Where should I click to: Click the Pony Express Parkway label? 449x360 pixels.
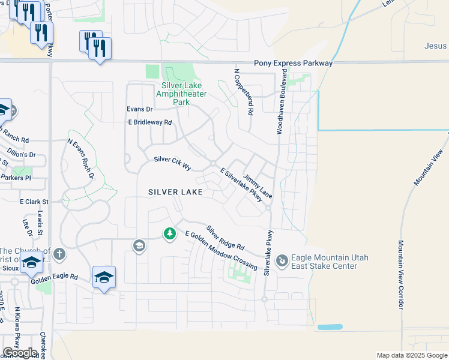coord(293,62)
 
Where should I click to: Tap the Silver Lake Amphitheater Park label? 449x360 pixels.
coord(181,94)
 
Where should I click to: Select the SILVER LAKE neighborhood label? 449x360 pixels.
coord(176,192)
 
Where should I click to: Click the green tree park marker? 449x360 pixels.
coord(170,233)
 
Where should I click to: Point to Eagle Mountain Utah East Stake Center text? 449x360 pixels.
coord(330,262)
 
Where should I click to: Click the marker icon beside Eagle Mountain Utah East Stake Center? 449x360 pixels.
coord(282,261)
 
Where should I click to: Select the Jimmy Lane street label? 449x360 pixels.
coord(258,187)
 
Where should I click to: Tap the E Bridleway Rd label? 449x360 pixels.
coord(150,122)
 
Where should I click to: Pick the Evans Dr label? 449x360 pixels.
coord(139,109)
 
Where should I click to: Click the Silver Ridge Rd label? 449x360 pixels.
coord(226,238)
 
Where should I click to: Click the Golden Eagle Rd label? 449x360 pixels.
coord(55,277)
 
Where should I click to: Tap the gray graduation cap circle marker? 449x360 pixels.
coord(139,246)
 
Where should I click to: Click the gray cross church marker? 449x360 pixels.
coord(59,254)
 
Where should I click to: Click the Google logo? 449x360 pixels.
coord(20,353)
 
